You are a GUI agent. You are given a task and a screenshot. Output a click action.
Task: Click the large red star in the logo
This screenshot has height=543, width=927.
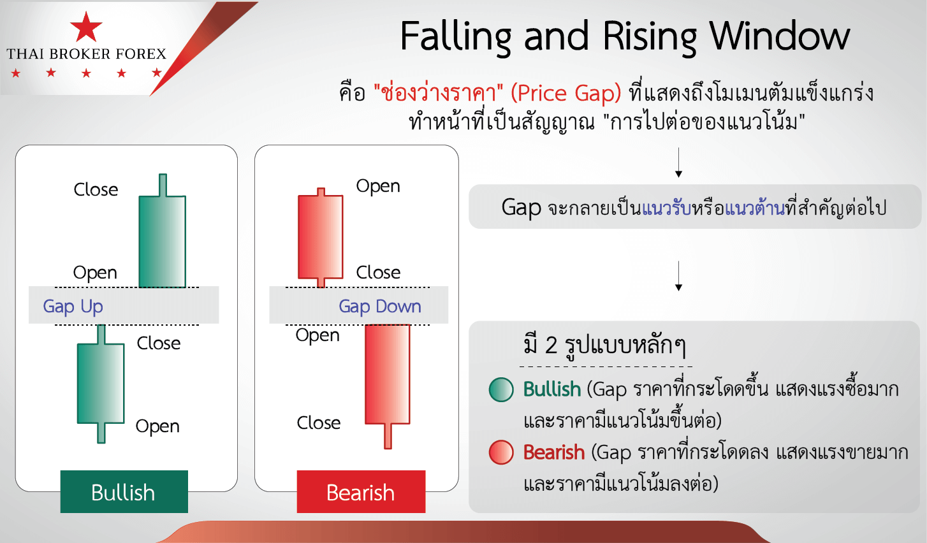(x=86, y=27)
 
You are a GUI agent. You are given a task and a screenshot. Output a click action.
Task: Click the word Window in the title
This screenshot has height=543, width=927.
(x=780, y=36)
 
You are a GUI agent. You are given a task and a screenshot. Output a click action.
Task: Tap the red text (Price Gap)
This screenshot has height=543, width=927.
(x=566, y=93)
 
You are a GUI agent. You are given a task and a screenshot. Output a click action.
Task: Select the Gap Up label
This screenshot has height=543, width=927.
(x=73, y=307)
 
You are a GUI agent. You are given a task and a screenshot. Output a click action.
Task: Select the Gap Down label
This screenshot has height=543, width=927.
(x=380, y=307)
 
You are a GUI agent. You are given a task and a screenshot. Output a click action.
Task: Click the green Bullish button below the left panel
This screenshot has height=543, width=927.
(x=124, y=492)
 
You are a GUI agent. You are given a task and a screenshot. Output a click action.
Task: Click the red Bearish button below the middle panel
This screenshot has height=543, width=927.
(x=361, y=492)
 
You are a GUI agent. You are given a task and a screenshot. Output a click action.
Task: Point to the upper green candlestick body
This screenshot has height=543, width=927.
(x=162, y=242)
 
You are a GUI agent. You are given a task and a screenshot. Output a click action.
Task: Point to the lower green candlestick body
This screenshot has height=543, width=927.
(x=101, y=384)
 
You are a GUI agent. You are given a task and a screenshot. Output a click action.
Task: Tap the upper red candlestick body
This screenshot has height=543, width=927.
(x=321, y=236)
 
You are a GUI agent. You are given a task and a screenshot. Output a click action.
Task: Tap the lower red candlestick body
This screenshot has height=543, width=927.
(x=388, y=374)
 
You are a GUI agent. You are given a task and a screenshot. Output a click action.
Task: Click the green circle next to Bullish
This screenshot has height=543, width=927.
(x=501, y=389)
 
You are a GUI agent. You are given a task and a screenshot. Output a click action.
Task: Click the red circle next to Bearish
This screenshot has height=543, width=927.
(x=501, y=452)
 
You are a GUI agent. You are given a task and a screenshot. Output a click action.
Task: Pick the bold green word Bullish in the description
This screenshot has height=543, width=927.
(x=552, y=389)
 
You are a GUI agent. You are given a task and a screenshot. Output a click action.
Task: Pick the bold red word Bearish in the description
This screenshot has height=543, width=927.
(x=554, y=452)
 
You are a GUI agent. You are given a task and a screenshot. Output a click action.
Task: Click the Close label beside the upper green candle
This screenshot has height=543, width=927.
(x=96, y=189)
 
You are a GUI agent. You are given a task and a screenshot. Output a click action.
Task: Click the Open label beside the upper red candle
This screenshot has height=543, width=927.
(x=378, y=186)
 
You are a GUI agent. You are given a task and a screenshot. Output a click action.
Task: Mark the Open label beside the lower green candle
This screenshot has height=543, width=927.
(x=157, y=426)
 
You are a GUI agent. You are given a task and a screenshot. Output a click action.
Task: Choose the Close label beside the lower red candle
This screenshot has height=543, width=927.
(x=319, y=423)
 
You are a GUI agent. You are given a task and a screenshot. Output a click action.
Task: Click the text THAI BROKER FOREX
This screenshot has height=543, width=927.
(x=86, y=54)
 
